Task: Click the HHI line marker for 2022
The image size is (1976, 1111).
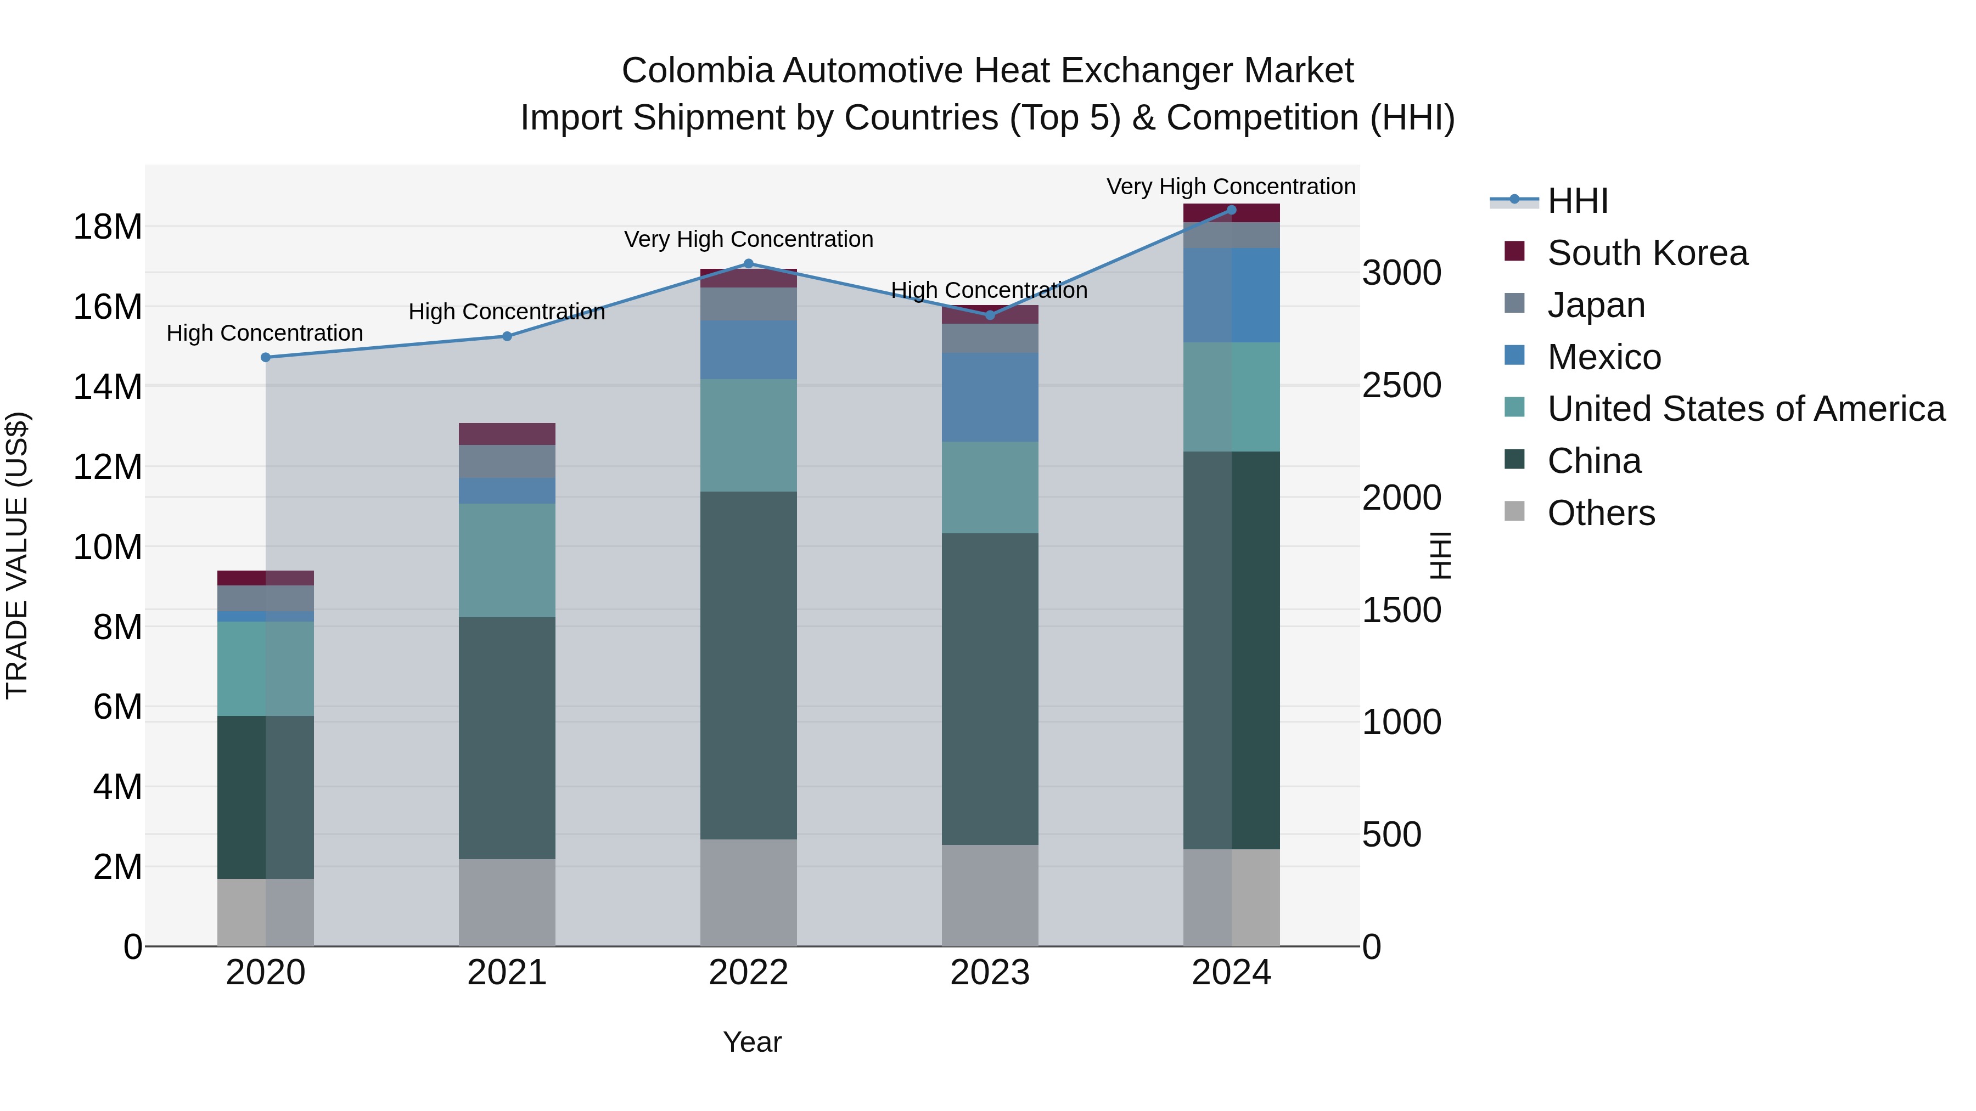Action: [x=749, y=264]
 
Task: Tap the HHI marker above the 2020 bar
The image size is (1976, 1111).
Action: [x=266, y=357]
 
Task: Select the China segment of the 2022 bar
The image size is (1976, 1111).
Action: [x=749, y=665]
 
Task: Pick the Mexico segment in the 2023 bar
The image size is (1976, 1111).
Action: [x=990, y=397]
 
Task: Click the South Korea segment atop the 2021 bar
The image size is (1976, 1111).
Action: [x=507, y=434]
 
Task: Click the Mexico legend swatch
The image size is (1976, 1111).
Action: [x=1514, y=356]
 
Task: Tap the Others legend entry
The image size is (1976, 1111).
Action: [x=1601, y=513]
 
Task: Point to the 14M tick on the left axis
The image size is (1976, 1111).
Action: [x=108, y=386]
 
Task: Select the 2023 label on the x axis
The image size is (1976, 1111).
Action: [x=990, y=973]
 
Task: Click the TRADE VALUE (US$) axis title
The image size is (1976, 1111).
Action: [x=17, y=555]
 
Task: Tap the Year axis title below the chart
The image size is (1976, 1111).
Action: [x=752, y=1042]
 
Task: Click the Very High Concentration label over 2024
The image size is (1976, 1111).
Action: [x=1231, y=187]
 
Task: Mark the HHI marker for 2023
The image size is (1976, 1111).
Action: [x=990, y=315]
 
